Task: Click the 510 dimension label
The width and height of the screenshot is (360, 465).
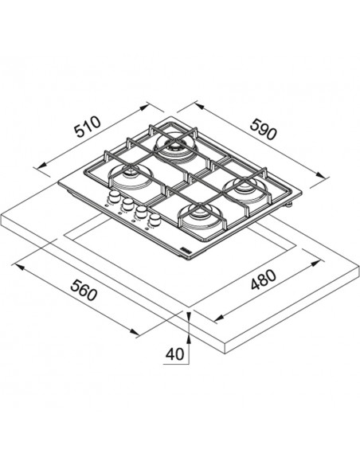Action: [88, 127]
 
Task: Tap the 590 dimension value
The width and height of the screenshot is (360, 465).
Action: [263, 129]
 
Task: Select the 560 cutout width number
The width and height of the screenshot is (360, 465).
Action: [84, 290]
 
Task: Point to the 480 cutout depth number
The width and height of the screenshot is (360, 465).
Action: [264, 280]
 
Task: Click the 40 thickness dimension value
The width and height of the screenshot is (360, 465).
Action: [174, 354]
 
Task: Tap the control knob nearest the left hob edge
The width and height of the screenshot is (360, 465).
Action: [114, 196]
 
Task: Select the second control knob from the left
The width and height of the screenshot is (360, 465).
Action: [127, 204]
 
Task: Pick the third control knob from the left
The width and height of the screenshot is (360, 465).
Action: [141, 211]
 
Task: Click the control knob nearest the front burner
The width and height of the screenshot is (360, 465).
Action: [155, 219]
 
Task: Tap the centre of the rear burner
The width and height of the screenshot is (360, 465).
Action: [174, 146]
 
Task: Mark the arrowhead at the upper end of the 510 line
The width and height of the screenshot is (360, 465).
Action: [144, 107]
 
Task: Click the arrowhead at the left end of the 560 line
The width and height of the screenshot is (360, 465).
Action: [20, 268]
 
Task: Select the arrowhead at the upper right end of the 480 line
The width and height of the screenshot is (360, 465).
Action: [316, 264]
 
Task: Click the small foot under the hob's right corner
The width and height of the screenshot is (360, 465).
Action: [288, 204]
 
